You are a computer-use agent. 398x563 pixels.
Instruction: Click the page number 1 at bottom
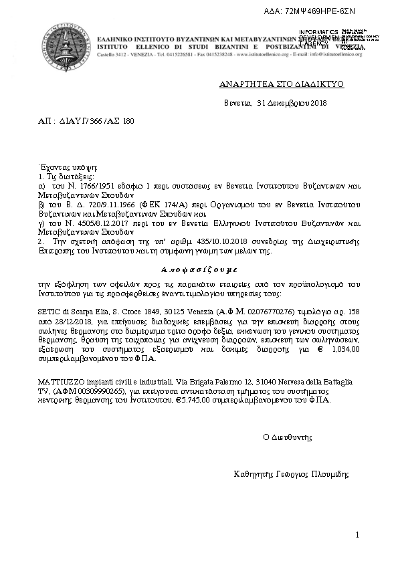(358, 535)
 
